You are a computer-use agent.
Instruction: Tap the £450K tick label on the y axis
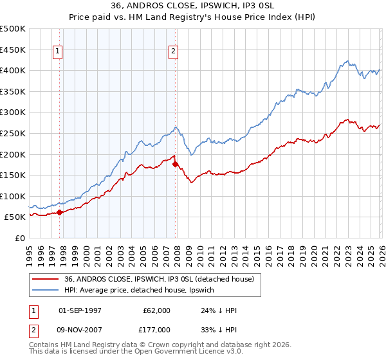pyautogui.click(x=13, y=50)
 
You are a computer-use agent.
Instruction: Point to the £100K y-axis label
pyautogui.click(x=13, y=196)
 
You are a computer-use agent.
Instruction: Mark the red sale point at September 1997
pyautogui.click(x=59, y=212)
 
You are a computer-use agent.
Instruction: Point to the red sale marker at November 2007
pyautogui.click(x=175, y=164)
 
